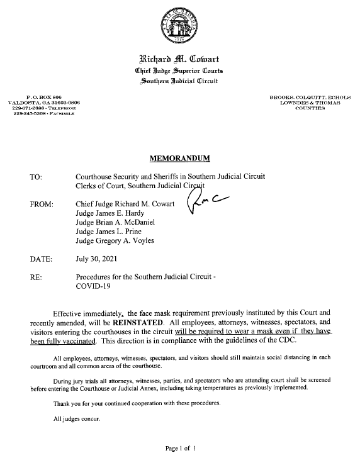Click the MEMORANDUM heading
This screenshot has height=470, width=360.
click(x=179, y=157)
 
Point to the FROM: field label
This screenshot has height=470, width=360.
click(x=41, y=204)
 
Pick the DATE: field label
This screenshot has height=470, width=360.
click(x=40, y=259)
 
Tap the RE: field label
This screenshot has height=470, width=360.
click(x=35, y=276)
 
